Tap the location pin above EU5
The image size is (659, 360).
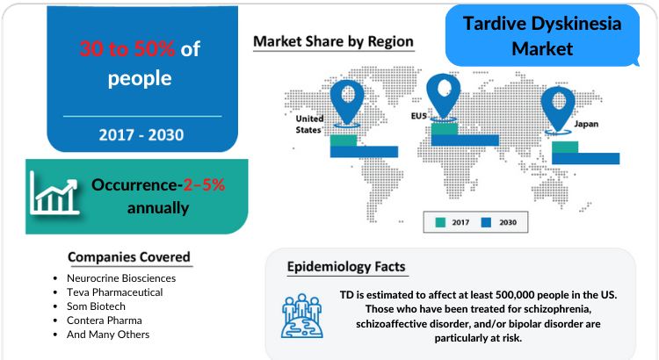(443, 97)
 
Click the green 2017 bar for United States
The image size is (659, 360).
(344, 140)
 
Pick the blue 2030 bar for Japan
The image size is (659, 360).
(585, 158)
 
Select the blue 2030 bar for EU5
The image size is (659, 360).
(465, 140)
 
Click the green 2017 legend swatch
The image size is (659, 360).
(440, 222)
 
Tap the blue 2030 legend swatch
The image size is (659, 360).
(486, 222)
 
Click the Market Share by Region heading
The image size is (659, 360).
(333, 41)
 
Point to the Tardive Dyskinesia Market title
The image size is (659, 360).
(542, 36)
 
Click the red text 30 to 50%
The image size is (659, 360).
(127, 48)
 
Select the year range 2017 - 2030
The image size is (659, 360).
(141, 135)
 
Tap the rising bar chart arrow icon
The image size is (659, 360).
(54, 194)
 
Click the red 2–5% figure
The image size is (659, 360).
(204, 185)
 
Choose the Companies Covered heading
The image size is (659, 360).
(129, 257)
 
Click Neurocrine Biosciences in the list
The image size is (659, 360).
(121, 278)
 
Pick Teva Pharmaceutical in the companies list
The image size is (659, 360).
(115, 292)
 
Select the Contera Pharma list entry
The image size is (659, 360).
(105, 320)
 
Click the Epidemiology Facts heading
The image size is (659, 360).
(346, 267)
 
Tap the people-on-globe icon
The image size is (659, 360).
(302, 316)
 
